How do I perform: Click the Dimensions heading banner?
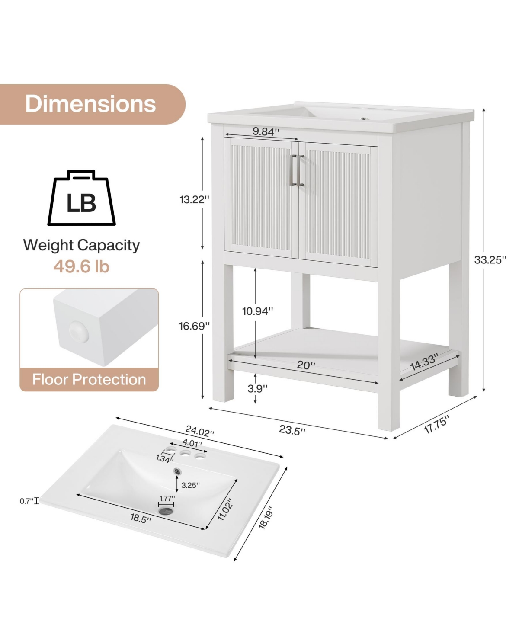(x=90, y=104)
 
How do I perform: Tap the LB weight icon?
(x=81, y=199)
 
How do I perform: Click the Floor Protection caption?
(x=89, y=380)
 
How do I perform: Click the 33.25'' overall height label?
(x=490, y=260)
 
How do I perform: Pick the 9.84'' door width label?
(x=266, y=131)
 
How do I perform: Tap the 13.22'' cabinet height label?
(x=195, y=200)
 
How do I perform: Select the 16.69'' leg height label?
(x=195, y=326)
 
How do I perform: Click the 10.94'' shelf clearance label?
(x=258, y=311)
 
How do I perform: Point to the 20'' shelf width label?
(x=306, y=365)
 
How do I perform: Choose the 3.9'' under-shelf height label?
(x=257, y=388)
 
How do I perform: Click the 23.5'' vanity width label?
(x=292, y=430)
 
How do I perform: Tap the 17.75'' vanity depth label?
(x=436, y=424)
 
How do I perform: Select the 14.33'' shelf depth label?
(x=424, y=362)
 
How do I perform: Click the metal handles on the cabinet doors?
(x=298, y=170)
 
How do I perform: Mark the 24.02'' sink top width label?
(x=199, y=431)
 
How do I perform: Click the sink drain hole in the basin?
(x=166, y=511)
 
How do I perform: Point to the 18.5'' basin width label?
(x=141, y=518)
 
